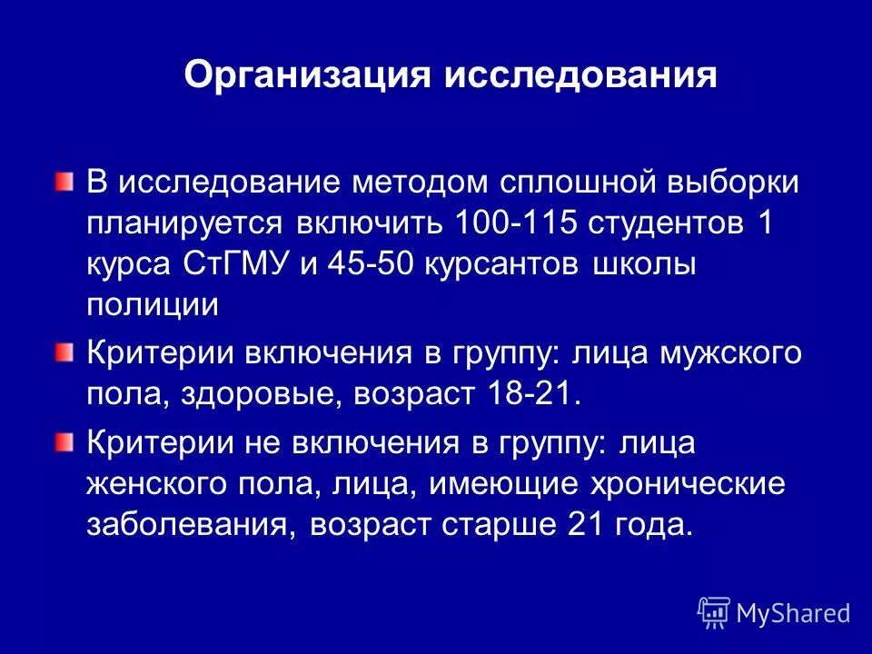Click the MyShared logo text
[792, 613]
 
